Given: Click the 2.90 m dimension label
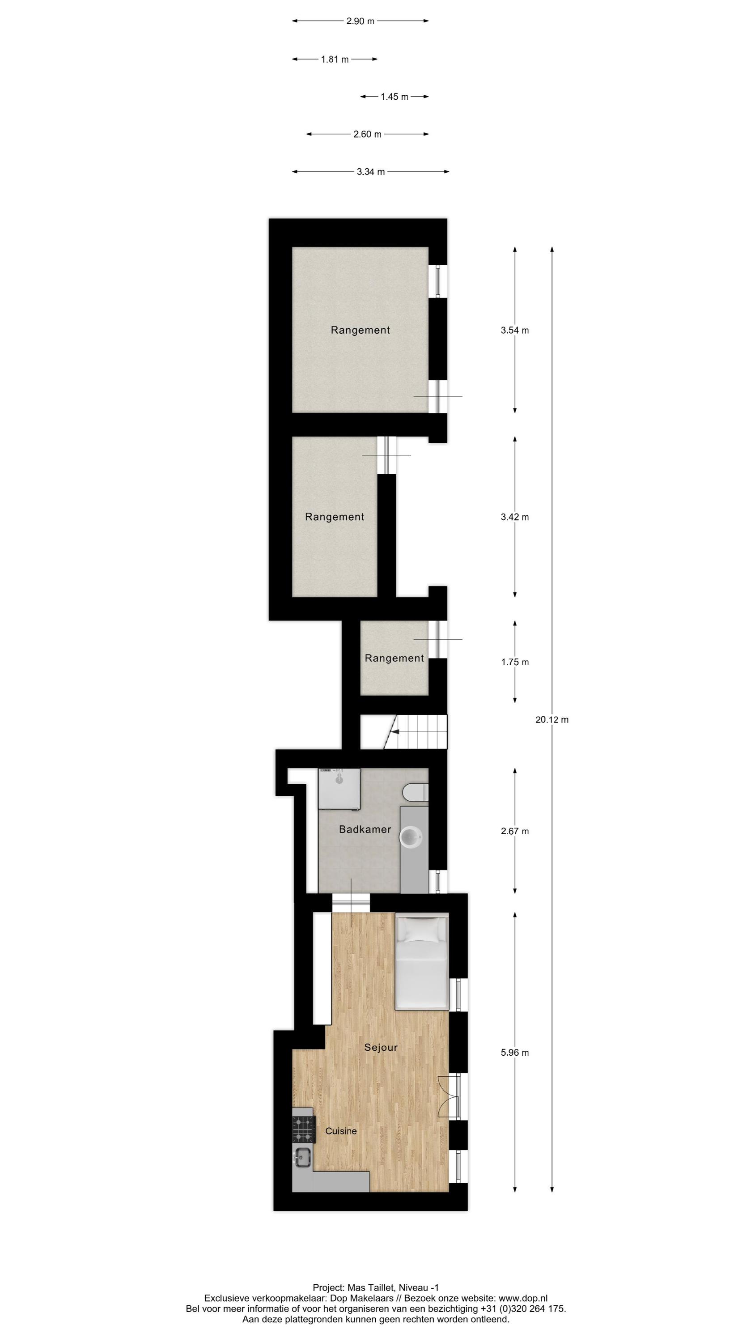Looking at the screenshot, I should (360, 21).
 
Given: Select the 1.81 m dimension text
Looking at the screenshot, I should (335, 59).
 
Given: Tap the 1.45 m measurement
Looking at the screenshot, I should (394, 97).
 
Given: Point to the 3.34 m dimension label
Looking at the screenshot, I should (370, 172).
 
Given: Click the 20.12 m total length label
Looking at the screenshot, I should (551, 719).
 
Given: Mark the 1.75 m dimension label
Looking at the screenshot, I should (514, 662).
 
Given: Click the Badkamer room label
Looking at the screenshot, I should (365, 829).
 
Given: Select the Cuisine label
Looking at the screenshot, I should (341, 1131).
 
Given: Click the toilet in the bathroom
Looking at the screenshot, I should (415, 792).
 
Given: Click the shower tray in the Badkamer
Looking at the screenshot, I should (339, 788).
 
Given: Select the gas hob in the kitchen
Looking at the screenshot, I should (303, 1129).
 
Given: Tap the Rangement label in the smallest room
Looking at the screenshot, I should (394, 658).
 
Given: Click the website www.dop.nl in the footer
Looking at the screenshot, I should (522, 1298).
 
